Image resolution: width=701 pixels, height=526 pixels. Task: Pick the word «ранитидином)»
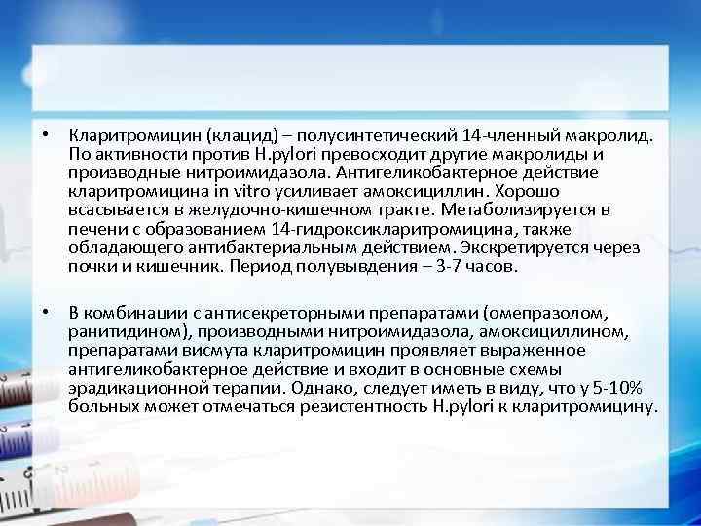pos(126,331)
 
